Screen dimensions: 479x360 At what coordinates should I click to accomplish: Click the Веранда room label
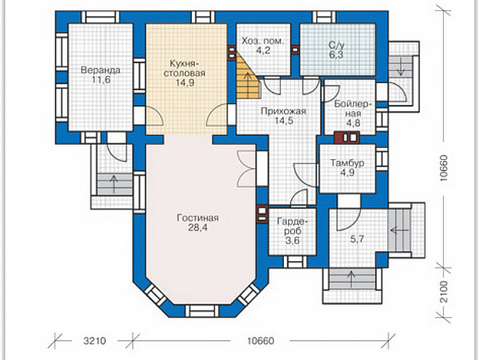click(x=100, y=70)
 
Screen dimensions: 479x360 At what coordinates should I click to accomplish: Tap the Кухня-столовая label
click(x=184, y=69)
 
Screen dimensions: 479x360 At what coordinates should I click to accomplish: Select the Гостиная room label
click(x=198, y=218)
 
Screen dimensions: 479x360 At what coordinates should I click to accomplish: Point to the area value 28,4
click(x=198, y=228)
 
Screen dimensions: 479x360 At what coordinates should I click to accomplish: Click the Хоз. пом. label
click(x=263, y=41)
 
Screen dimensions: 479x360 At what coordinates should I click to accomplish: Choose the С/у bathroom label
click(x=336, y=45)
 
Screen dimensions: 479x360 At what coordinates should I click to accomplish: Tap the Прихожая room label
click(x=283, y=111)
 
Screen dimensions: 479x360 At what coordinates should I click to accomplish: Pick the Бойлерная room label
click(x=353, y=109)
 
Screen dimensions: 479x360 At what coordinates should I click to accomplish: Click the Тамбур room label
click(x=348, y=163)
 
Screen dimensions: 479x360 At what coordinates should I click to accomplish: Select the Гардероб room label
click(x=292, y=225)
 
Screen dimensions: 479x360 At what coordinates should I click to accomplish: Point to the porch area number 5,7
click(x=357, y=238)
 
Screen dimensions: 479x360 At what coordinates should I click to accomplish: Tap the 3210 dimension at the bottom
click(x=94, y=340)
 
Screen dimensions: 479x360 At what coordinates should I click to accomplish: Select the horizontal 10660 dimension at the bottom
click(x=261, y=340)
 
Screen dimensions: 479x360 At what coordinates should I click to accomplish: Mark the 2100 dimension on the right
click(x=444, y=291)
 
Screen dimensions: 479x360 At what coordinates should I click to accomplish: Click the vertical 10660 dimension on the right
click(x=444, y=168)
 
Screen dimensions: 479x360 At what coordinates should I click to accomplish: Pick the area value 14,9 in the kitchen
click(x=184, y=82)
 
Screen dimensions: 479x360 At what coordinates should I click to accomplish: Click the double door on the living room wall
click(x=246, y=169)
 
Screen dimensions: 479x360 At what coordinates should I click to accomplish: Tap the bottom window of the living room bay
click(x=202, y=312)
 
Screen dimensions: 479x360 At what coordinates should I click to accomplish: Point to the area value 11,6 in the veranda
click(x=100, y=80)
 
